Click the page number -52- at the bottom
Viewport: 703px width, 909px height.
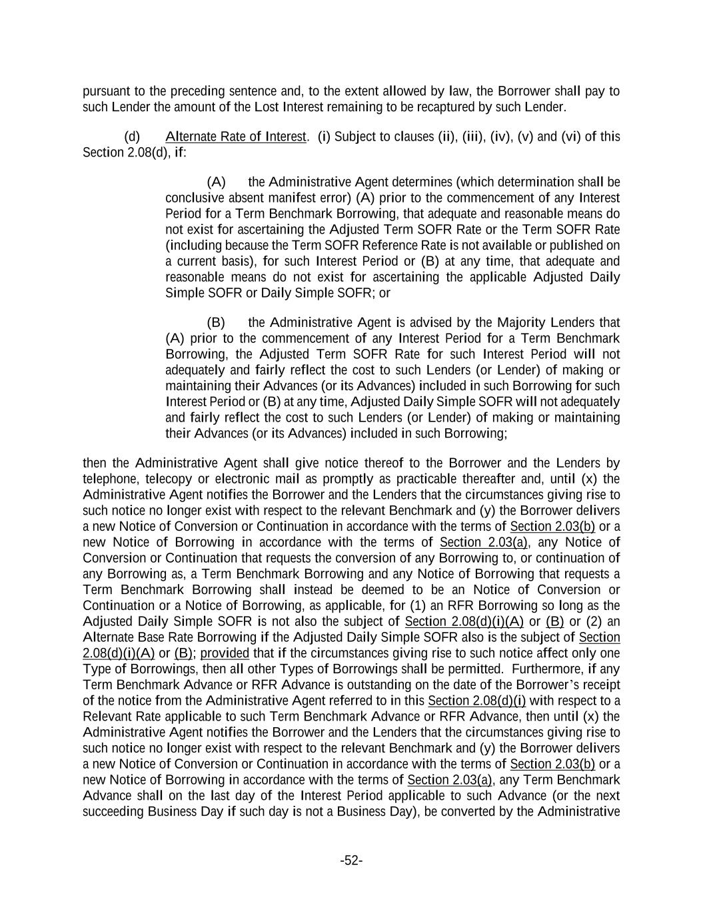(351, 860)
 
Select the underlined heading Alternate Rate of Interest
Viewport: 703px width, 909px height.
(235, 137)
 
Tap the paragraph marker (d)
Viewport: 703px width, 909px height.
(132, 137)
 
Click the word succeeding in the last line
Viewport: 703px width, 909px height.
(113, 811)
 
